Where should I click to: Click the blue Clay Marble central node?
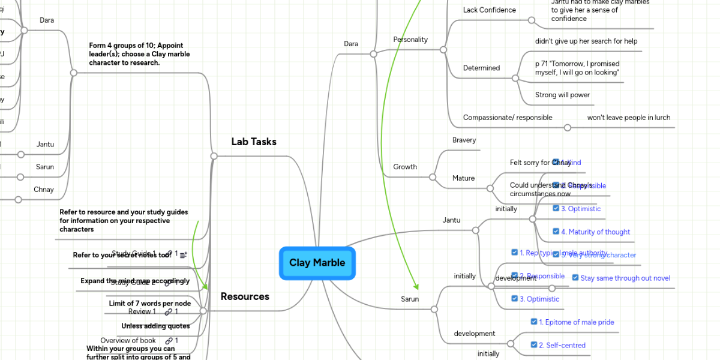click(x=317, y=263)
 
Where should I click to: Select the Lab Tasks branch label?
click(x=254, y=142)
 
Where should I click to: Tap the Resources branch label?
click(x=245, y=296)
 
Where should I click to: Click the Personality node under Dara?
click(x=410, y=40)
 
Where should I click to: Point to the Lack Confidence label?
click(x=489, y=10)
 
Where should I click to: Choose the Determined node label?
click(x=481, y=68)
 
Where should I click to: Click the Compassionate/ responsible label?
click(x=508, y=118)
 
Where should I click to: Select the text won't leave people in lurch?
click(x=628, y=118)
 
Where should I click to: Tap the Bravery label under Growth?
click(x=464, y=140)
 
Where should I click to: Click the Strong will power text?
click(x=562, y=95)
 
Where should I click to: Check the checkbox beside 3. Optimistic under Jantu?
click(x=556, y=209)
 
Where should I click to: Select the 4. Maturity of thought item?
click(x=595, y=232)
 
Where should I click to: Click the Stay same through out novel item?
click(x=625, y=278)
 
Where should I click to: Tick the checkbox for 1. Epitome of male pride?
click(x=534, y=322)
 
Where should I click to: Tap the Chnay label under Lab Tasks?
click(x=44, y=190)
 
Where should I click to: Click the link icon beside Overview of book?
click(x=169, y=341)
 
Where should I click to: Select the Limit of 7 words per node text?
click(x=150, y=304)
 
